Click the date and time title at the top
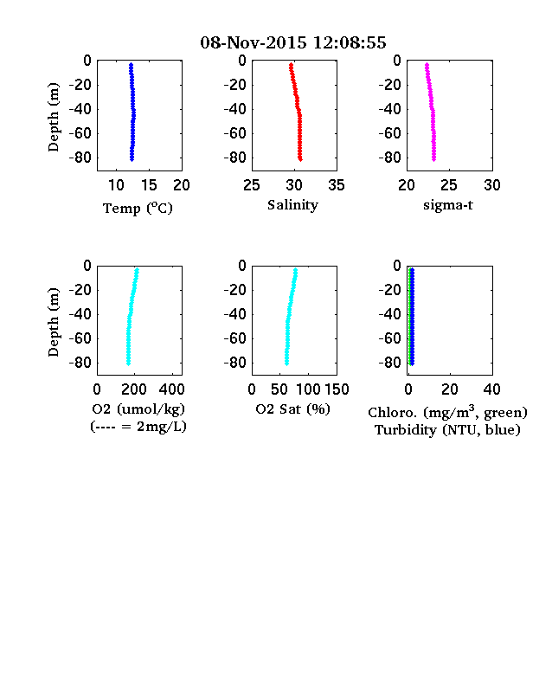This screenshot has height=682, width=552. click(293, 42)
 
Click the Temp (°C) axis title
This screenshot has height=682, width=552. click(138, 209)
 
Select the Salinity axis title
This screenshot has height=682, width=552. click(292, 205)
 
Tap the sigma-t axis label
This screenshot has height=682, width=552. click(448, 205)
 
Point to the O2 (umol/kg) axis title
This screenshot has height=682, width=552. click(138, 409)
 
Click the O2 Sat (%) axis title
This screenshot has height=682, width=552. click(293, 409)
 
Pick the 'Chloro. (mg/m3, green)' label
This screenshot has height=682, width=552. click(447, 411)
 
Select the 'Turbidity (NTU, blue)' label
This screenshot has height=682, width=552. click(447, 430)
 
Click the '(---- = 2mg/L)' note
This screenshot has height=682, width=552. click(138, 427)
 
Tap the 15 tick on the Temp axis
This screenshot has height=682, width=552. click(149, 185)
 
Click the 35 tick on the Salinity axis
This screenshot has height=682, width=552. click(337, 185)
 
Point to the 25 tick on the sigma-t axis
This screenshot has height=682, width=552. click(449, 185)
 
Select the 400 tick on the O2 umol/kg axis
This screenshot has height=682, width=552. click(171, 389)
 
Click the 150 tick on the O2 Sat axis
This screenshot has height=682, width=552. click(337, 389)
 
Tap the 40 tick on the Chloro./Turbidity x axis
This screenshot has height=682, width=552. click(491, 389)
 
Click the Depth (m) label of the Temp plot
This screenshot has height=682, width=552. click(53, 117)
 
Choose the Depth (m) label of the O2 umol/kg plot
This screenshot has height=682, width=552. click(53, 322)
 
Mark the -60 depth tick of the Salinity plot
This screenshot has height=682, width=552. click(235, 133)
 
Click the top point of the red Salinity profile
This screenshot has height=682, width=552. click(292, 65)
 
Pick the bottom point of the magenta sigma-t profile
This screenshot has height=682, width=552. click(433, 159)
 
